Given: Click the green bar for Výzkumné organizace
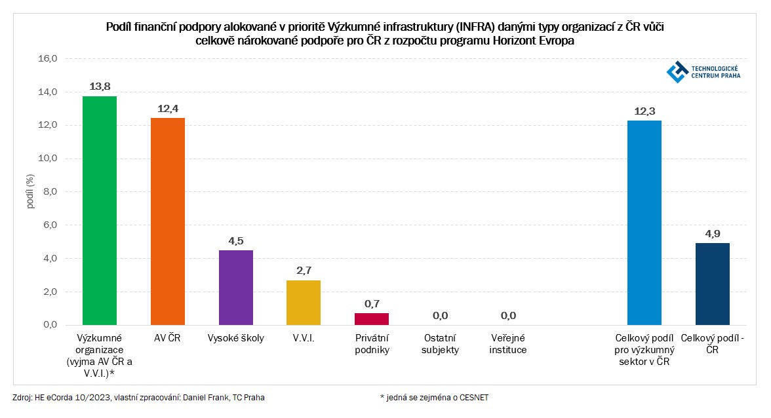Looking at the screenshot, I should click(x=100, y=210).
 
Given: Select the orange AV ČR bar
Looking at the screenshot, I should click(x=168, y=221).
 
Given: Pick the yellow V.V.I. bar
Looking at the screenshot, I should click(x=304, y=302).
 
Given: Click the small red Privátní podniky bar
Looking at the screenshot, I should click(x=372, y=318).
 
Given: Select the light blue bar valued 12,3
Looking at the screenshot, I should click(x=644, y=223).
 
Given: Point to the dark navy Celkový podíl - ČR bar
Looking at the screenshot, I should click(x=713, y=284).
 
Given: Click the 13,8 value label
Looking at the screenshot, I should click(x=100, y=86).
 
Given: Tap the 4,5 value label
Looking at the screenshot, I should click(x=236, y=240).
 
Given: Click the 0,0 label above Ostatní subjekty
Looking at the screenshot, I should click(x=440, y=316).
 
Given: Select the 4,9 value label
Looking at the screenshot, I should click(x=713, y=233).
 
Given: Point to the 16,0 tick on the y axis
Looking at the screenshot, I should click(x=50, y=58).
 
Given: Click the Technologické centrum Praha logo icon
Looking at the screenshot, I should click(x=677, y=72).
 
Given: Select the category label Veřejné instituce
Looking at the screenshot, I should click(x=508, y=344).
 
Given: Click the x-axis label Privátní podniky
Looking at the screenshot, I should click(x=372, y=344).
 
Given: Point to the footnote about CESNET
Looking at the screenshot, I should click(x=434, y=397).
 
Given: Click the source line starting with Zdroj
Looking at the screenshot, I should click(x=139, y=397).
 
